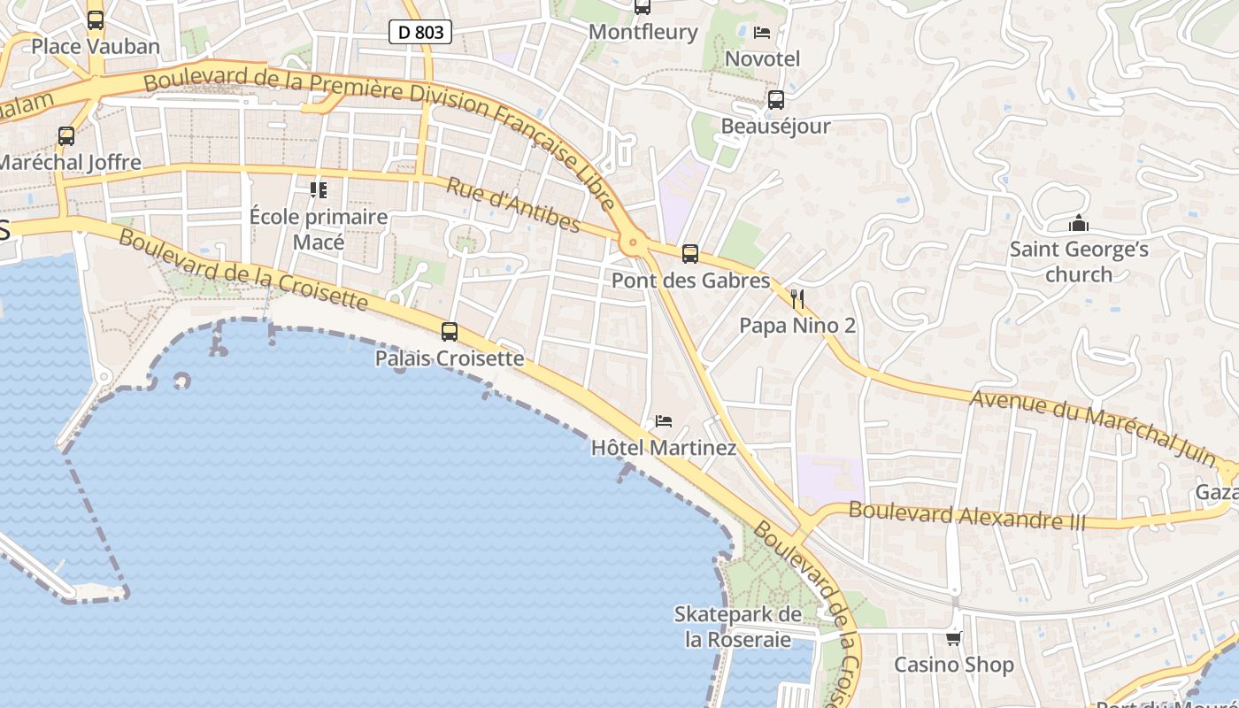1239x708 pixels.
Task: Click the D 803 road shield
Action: [x=420, y=33]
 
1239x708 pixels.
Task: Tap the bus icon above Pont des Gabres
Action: [x=690, y=254]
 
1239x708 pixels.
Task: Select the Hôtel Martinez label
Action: [x=663, y=448]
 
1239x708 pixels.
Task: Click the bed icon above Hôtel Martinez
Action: [x=664, y=420]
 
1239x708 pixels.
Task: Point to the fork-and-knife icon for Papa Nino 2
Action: [x=797, y=298]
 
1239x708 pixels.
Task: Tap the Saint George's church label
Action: [x=1079, y=261]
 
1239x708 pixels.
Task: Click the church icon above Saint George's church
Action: [x=1078, y=223]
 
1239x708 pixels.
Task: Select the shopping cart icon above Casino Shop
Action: [x=953, y=638]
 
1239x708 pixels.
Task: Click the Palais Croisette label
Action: [x=450, y=358]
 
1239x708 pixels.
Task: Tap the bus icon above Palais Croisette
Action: [x=450, y=332]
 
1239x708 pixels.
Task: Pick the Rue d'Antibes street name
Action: [x=513, y=204]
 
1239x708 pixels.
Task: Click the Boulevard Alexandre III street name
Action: [x=966, y=515]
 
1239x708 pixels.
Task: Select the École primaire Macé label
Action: [x=319, y=229]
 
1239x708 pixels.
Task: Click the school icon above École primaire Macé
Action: [x=319, y=189]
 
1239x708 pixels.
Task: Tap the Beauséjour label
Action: [x=775, y=126]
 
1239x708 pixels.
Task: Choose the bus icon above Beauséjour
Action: [x=776, y=100]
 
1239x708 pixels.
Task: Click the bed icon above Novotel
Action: [x=761, y=33]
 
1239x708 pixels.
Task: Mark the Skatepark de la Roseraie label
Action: [x=738, y=627]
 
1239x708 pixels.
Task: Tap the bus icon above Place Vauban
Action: [x=96, y=19]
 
